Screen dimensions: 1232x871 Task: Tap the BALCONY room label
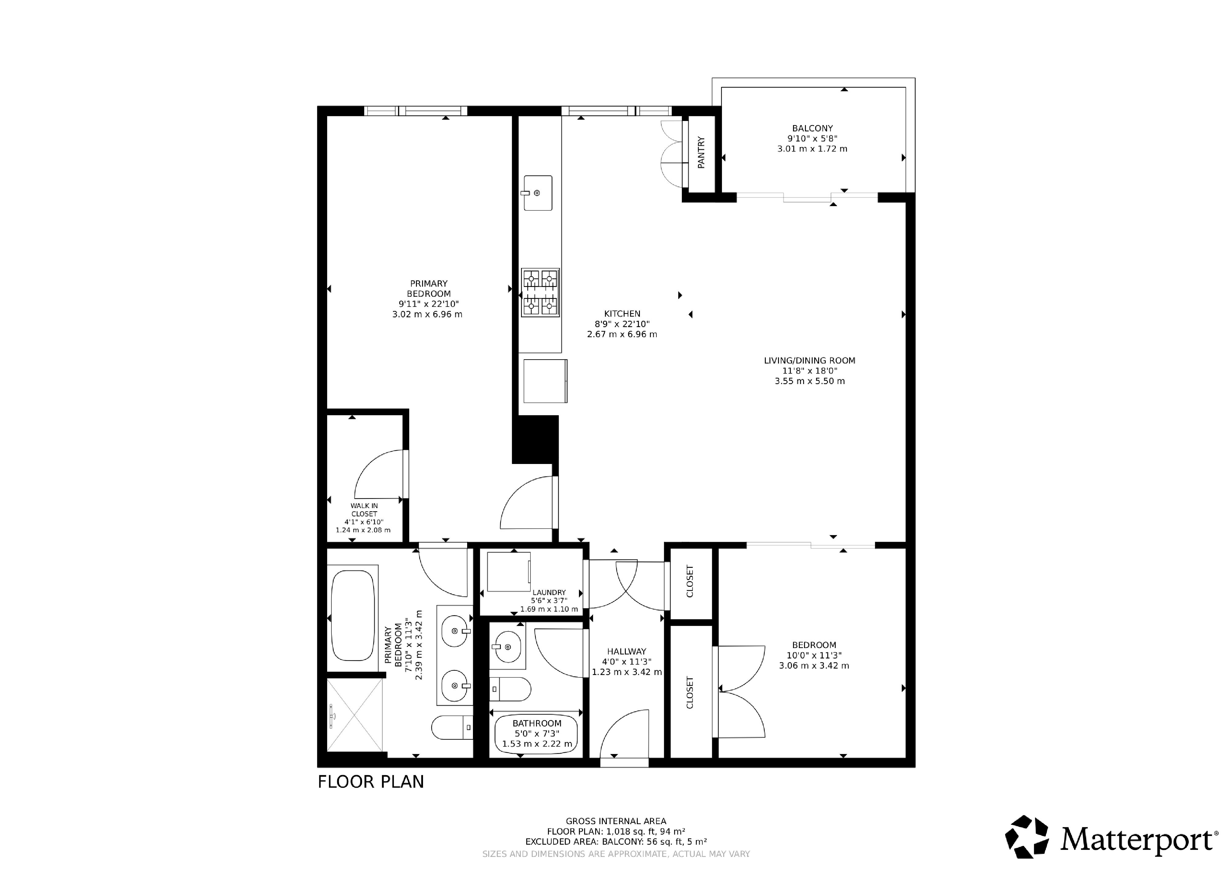click(812, 128)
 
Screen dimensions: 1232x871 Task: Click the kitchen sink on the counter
click(537, 193)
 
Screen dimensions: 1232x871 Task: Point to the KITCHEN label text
click(622, 314)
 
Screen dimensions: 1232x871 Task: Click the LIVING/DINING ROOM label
click(810, 360)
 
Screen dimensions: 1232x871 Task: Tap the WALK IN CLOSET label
click(364, 510)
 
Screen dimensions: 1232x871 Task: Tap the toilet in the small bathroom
click(510, 689)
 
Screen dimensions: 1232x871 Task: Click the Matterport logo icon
click(1026, 837)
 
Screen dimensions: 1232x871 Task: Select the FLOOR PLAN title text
click(371, 782)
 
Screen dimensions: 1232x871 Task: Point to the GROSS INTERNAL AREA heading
click(616, 821)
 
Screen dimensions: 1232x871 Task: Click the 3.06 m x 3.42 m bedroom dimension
click(814, 666)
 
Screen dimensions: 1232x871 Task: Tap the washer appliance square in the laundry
click(508, 572)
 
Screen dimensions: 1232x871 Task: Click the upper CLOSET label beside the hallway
click(690, 581)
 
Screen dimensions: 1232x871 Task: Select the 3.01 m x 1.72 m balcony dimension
click(812, 149)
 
